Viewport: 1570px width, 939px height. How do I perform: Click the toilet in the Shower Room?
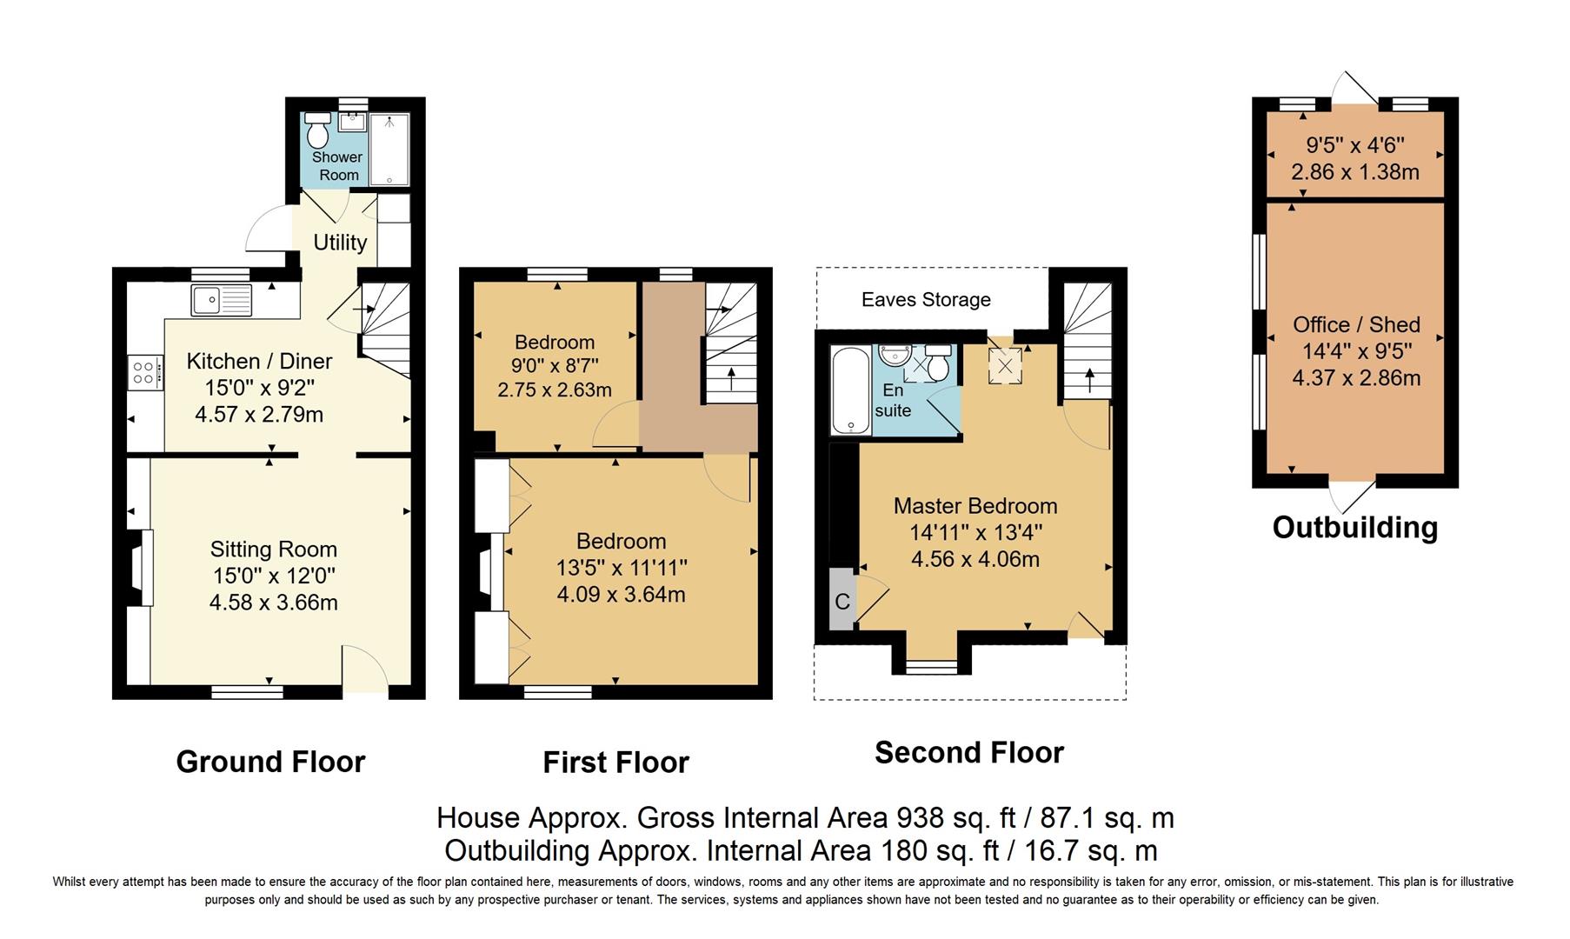click(x=317, y=132)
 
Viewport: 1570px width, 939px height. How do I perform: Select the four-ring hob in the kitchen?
click(x=143, y=373)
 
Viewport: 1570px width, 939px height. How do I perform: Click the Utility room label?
click(x=340, y=243)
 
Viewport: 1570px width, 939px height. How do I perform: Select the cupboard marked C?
click(x=842, y=602)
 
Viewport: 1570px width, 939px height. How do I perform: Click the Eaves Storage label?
click(x=926, y=300)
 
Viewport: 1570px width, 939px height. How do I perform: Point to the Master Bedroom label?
click(x=975, y=506)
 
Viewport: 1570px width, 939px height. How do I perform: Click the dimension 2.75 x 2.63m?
click(x=555, y=390)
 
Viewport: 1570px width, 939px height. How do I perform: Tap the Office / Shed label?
click(x=1356, y=324)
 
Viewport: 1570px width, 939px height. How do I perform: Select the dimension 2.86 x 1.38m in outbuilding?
click(x=1355, y=172)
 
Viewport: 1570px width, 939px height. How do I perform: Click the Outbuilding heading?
click(x=1354, y=528)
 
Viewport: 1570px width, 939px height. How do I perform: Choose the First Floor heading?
click(x=615, y=763)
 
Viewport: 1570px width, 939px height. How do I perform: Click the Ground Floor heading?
click(x=270, y=762)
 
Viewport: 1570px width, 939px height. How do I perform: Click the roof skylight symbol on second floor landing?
click(x=1005, y=366)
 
